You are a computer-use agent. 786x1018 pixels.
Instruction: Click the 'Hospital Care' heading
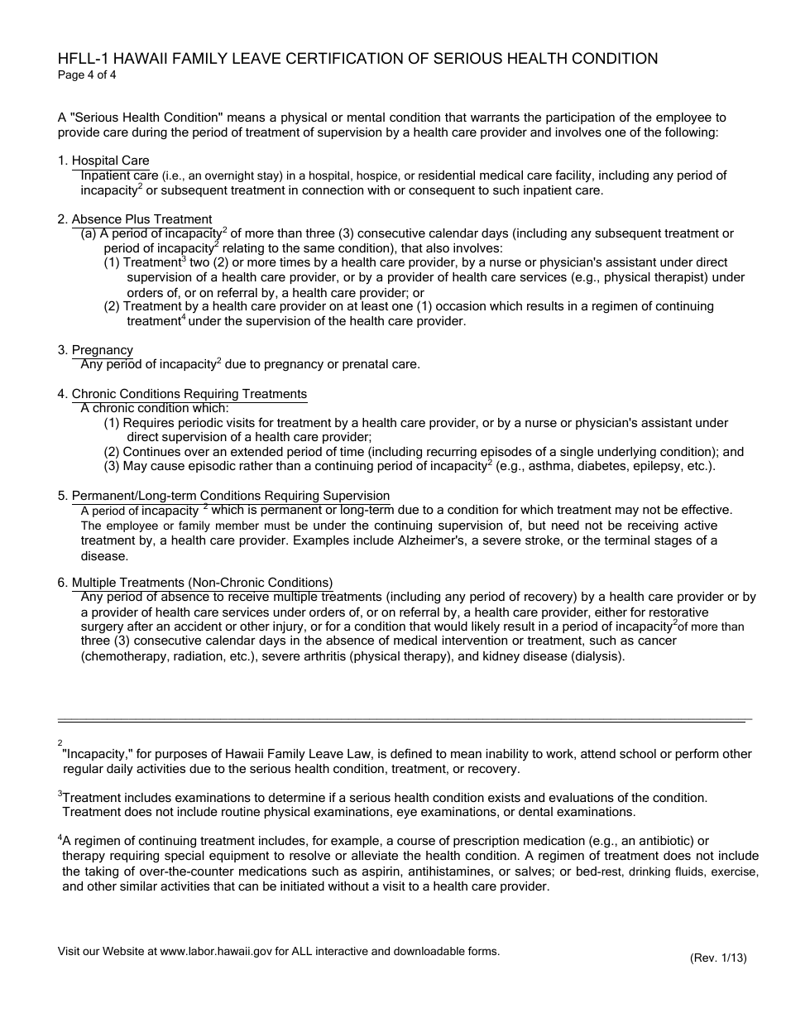point(110,161)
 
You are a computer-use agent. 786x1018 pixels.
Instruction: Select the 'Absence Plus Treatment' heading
point(141,219)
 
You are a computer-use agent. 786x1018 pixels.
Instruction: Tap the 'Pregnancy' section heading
point(102,350)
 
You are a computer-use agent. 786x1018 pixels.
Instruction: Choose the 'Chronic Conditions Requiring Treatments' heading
point(189,394)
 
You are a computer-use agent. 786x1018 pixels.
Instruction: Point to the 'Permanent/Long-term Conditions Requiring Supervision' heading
point(230,496)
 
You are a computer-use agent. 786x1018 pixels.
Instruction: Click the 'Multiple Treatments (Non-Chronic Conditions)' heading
point(202,583)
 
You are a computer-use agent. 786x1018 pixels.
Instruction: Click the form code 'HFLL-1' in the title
point(82,59)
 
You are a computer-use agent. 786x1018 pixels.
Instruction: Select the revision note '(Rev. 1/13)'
point(718,958)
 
